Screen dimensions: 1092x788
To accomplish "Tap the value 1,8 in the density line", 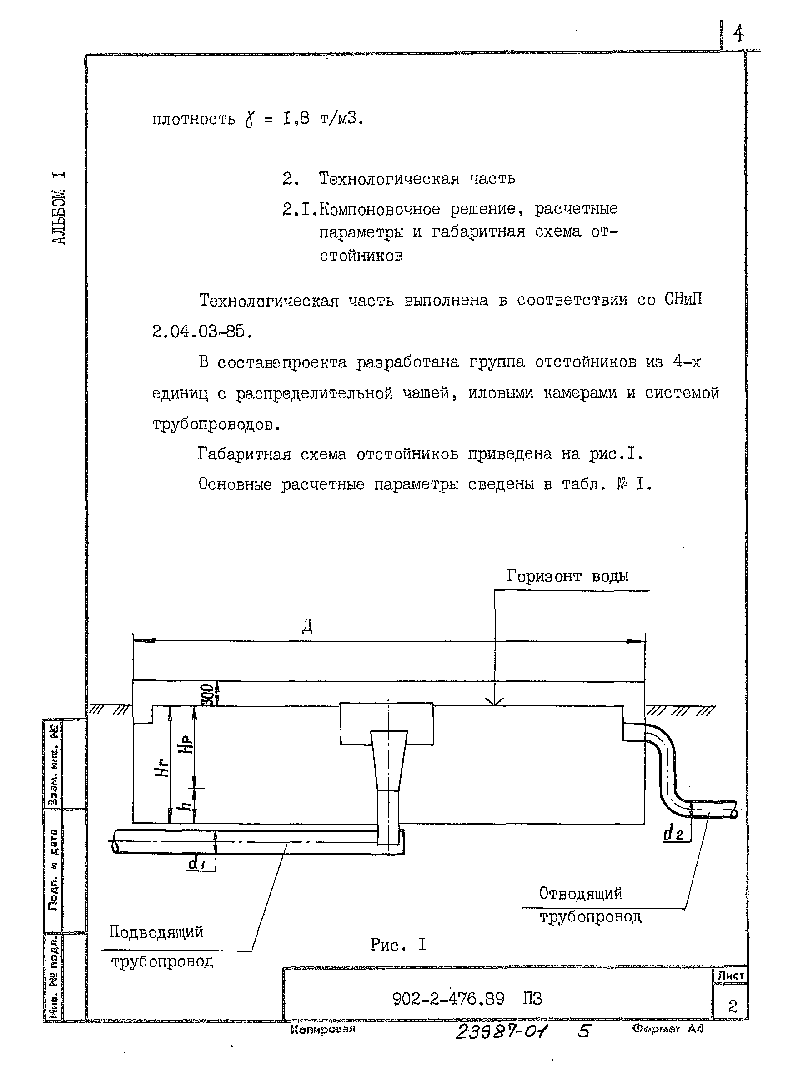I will [296, 118].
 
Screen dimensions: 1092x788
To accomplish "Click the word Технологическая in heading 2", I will [389, 179].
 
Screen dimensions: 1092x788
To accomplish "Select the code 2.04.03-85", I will [202, 331].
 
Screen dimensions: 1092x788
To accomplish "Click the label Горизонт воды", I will [567, 576].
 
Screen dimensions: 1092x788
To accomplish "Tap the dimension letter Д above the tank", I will [307, 626].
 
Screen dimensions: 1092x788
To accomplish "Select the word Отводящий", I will [580, 894].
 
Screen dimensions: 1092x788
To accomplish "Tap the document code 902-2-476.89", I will [448, 999].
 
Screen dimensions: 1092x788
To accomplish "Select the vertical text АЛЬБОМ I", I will [58, 208].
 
